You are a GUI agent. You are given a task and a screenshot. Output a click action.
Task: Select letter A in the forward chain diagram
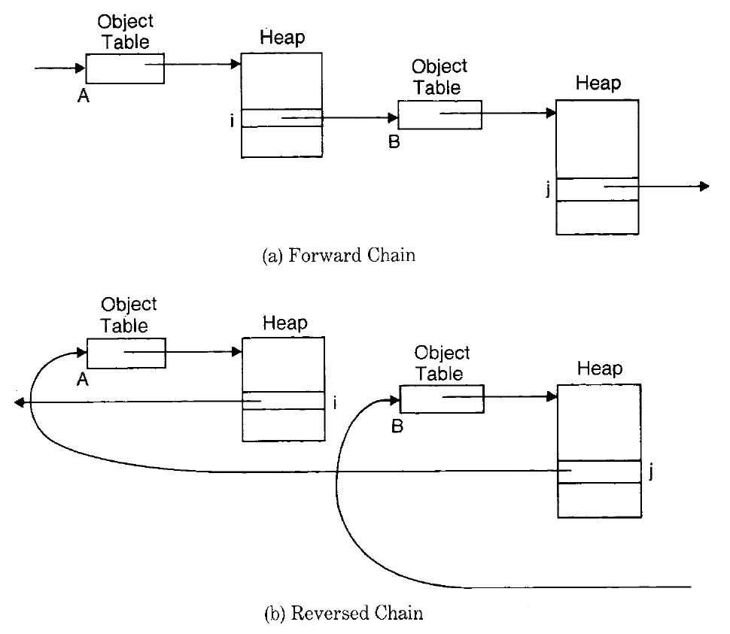coord(84,96)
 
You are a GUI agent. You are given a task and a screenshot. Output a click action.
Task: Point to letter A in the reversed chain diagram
coord(84,381)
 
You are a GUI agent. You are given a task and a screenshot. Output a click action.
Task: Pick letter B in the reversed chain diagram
coord(397,426)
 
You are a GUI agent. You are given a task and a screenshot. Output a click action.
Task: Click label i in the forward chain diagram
coord(233,119)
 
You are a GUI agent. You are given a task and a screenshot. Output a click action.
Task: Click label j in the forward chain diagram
coord(548,189)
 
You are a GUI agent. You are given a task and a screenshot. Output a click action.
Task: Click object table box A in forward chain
coord(125,68)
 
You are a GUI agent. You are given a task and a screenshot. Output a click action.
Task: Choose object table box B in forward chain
coord(440,114)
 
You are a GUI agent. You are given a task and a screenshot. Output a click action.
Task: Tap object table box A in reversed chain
coord(126,353)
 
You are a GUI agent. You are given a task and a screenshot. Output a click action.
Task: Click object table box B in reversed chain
coord(442,399)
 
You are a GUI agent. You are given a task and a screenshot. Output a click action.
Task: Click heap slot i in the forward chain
coord(281,118)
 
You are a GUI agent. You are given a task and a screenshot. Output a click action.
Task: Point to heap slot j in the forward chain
coord(597,188)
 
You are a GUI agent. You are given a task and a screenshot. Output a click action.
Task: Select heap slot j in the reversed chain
coord(599,472)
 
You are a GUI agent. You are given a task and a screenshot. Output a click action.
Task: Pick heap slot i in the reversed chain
coord(284,401)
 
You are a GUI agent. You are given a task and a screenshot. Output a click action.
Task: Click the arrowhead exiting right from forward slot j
coord(704,186)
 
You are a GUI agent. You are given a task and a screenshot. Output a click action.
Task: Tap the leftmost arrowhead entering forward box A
coord(80,68)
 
